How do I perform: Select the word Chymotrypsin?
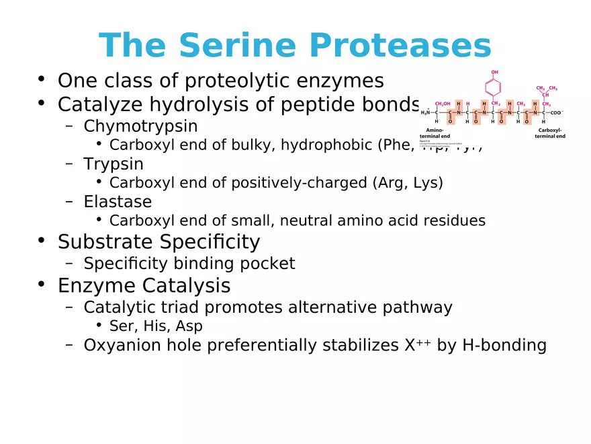140,126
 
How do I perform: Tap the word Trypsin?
113,163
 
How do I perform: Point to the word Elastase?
118,201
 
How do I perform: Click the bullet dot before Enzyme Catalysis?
42,285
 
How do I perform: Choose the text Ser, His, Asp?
156,326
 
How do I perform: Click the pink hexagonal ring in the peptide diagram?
494,87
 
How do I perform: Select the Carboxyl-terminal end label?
550,133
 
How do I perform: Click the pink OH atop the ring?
494,71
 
